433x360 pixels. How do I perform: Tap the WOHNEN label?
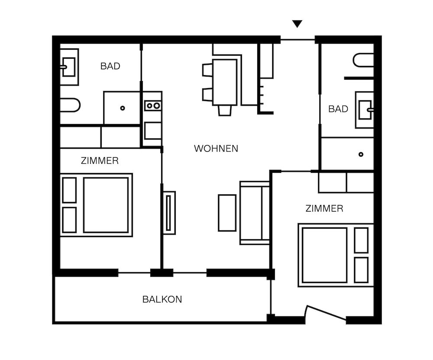coord(216,149)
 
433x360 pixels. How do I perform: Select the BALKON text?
coord(162,299)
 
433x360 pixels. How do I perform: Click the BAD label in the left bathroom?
coord(110,66)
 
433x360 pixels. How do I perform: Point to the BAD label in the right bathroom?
coord(338,109)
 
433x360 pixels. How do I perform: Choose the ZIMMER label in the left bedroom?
coord(100,161)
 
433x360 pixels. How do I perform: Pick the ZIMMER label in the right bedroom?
coord(324,208)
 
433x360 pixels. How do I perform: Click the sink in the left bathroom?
coord(69,67)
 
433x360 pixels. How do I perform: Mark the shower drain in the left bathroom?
coord(123,108)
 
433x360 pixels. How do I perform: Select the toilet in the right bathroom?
coord(363,60)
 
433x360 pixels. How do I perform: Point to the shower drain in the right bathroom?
coord(361,154)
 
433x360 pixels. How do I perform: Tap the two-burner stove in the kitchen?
coord(152,105)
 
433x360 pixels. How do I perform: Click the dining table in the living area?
coord(225,82)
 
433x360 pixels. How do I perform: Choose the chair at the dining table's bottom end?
coord(225,110)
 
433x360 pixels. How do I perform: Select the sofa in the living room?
coord(255,213)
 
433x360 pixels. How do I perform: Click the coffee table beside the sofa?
coord(227,213)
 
